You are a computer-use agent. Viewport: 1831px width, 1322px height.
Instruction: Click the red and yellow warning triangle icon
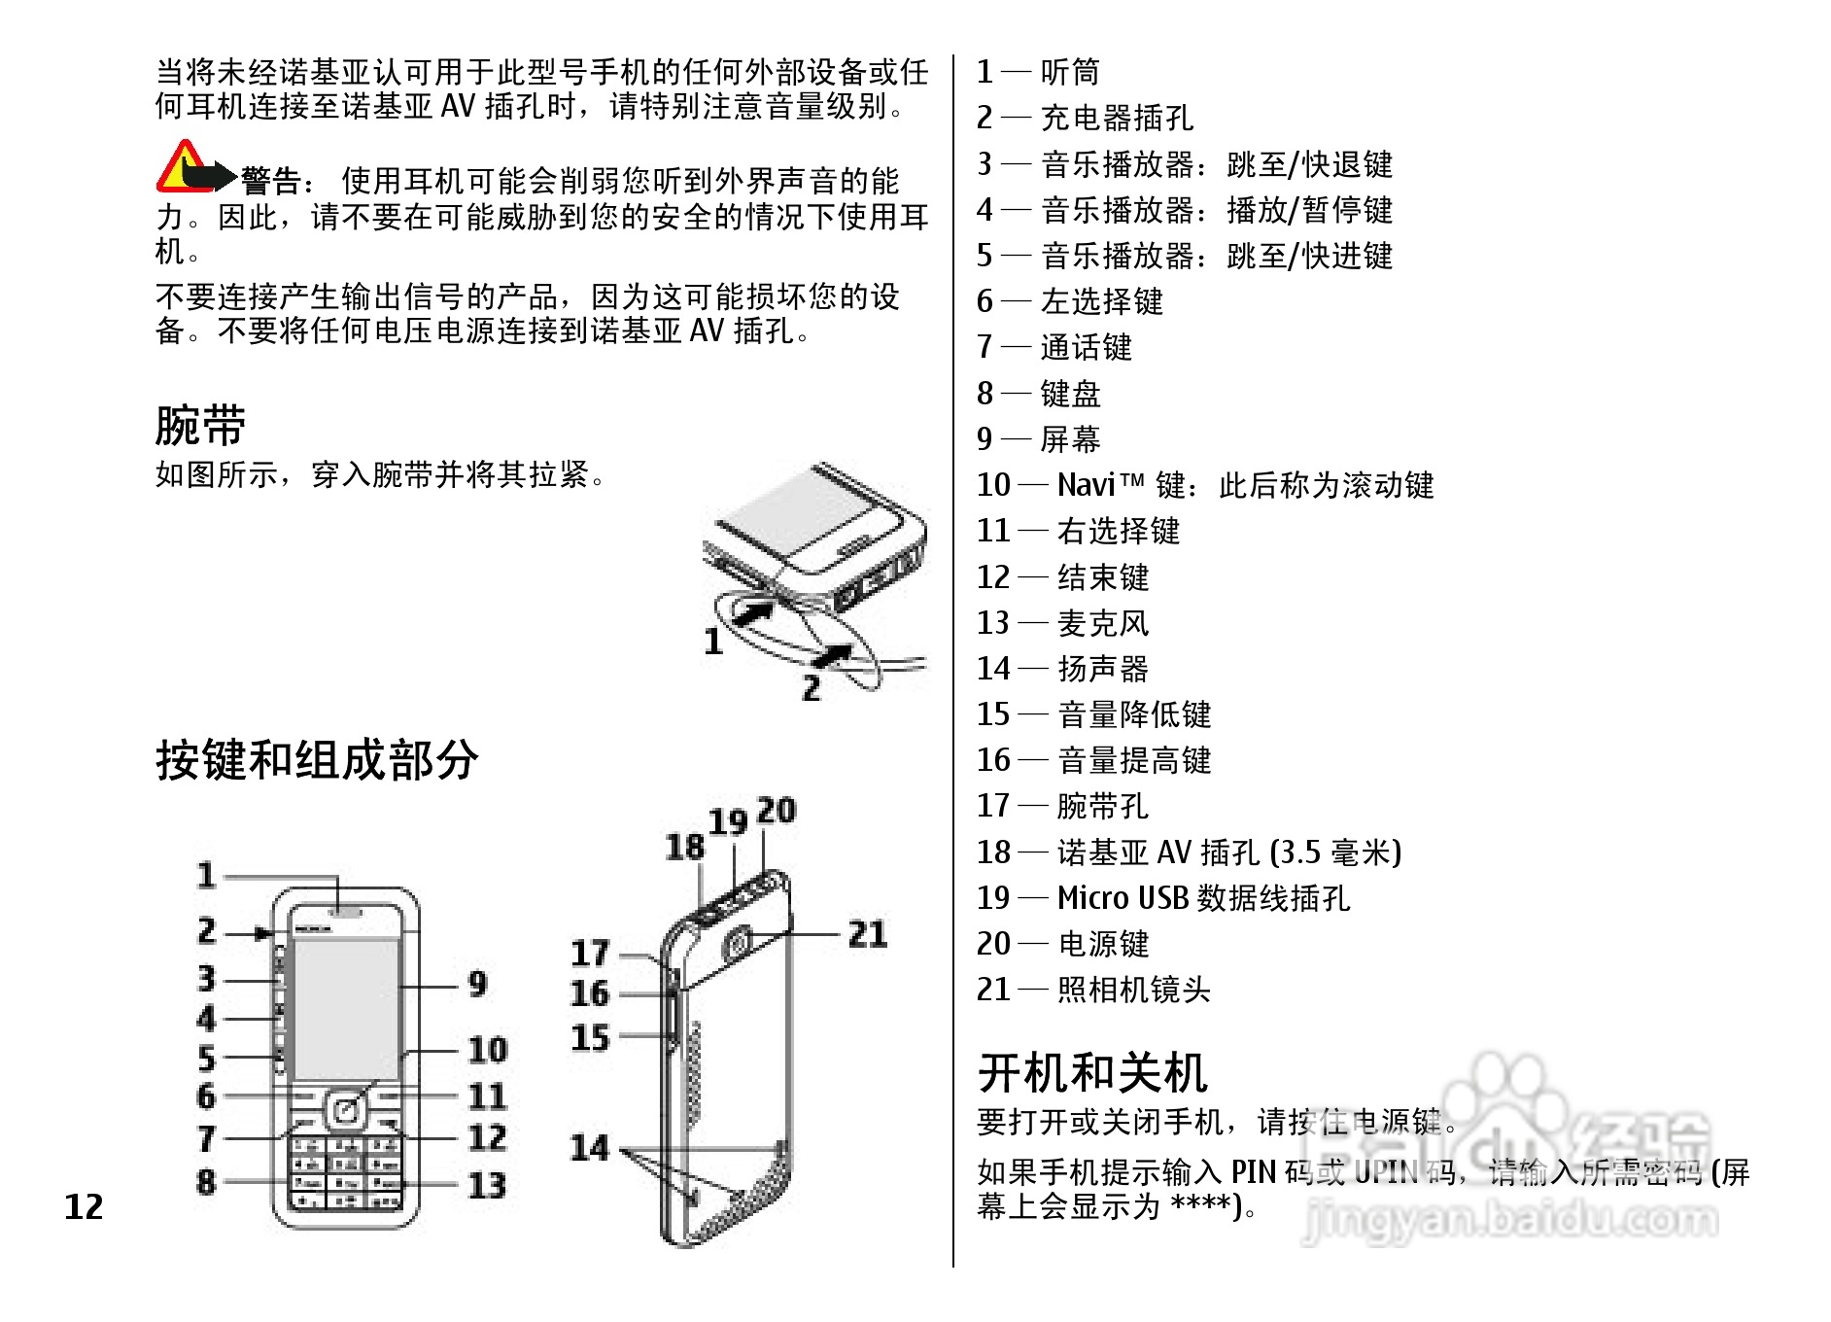click(181, 167)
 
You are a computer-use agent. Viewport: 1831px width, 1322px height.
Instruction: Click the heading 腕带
click(200, 425)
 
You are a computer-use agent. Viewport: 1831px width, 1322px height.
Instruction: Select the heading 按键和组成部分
click(317, 759)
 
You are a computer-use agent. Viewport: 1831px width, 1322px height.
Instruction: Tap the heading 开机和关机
click(1092, 1073)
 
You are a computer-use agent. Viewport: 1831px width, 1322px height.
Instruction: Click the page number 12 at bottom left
click(84, 1206)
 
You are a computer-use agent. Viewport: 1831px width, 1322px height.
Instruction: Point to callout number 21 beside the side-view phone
click(867, 934)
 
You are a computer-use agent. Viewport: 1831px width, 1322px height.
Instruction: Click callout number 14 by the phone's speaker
click(589, 1148)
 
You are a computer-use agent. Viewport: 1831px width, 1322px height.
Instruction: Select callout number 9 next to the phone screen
click(477, 984)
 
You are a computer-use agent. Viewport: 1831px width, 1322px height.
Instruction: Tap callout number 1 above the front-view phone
click(206, 875)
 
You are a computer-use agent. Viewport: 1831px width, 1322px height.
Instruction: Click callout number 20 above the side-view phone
click(777, 811)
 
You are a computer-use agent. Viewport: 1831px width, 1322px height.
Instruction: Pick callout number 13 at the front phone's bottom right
click(487, 1185)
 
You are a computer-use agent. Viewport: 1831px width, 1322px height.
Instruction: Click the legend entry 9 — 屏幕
click(1038, 439)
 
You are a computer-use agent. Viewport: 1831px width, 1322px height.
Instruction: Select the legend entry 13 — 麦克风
click(1062, 623)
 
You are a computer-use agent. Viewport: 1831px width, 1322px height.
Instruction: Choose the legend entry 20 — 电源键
click(1062, 944)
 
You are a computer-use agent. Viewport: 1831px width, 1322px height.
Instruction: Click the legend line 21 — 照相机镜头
click(1093, 990)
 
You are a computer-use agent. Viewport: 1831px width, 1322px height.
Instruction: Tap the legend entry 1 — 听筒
click(1037, 72)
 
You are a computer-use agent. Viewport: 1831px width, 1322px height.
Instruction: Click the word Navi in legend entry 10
click(1086, 485)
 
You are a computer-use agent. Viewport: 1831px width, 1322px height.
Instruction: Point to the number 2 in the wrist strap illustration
click(812, 688)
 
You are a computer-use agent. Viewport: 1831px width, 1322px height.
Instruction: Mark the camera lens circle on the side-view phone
click(737, 942)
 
